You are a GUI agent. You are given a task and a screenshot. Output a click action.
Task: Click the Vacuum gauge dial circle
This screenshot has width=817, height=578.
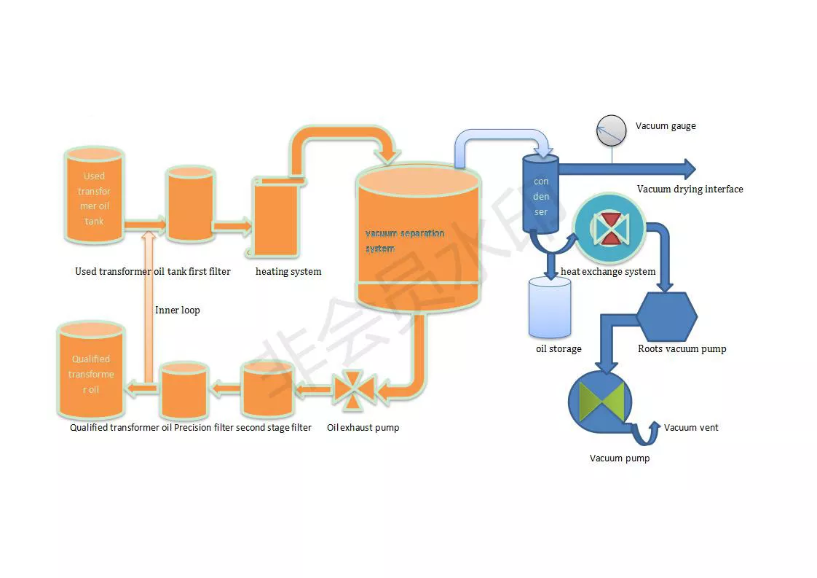(x=611, y=131)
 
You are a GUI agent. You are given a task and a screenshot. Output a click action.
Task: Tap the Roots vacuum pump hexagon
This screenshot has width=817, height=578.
(x=666, y=316)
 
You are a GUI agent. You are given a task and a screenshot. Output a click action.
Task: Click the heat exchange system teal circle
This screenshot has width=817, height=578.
(x=609, y=228)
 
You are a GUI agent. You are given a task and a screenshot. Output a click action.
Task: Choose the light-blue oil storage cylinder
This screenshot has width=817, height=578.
(x=549, y=307)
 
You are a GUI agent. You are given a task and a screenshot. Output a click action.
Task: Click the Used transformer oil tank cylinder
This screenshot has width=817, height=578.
(x=94, y=197)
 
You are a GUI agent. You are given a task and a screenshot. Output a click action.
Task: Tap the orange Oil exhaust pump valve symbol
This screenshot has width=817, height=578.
(x=353, y=391)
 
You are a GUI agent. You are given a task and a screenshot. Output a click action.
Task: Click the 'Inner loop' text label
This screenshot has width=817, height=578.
(x=177, y=311)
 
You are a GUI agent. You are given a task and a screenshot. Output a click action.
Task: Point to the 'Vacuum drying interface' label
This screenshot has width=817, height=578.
(x=690, y=190)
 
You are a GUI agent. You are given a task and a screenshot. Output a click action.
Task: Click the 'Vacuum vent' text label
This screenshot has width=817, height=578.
(x=690, y=428)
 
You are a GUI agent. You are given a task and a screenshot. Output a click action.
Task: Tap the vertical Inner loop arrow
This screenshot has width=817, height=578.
(x=148, y=306)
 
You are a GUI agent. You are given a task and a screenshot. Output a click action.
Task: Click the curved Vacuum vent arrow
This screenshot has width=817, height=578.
(x=644, y=434)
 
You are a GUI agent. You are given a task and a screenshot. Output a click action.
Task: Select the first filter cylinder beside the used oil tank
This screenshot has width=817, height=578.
(x=190, y=203)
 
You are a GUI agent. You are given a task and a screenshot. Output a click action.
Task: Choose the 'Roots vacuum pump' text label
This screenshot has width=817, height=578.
(x=682, y=349)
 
